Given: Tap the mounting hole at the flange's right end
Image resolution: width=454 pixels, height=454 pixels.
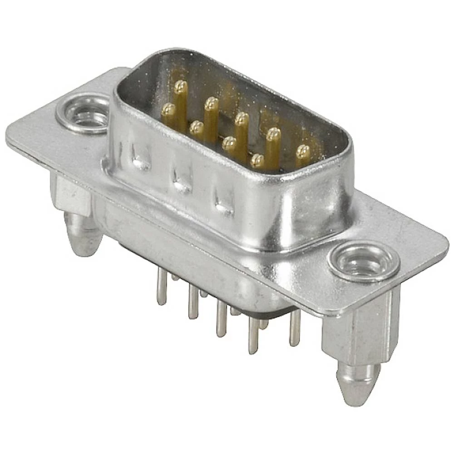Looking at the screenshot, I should [x=363, y=262].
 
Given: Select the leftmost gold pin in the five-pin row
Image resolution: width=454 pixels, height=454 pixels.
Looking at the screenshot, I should [x=181, y=86].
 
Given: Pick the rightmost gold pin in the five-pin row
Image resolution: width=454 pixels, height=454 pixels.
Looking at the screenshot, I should [x=303, y=150].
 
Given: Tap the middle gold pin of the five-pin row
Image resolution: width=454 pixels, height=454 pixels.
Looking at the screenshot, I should [x=242, y=118].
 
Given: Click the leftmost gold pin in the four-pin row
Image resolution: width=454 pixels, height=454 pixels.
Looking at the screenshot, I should [x=168, y=109].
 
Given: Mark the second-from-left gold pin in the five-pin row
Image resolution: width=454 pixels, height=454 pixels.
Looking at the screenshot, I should [x=211, y=102].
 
